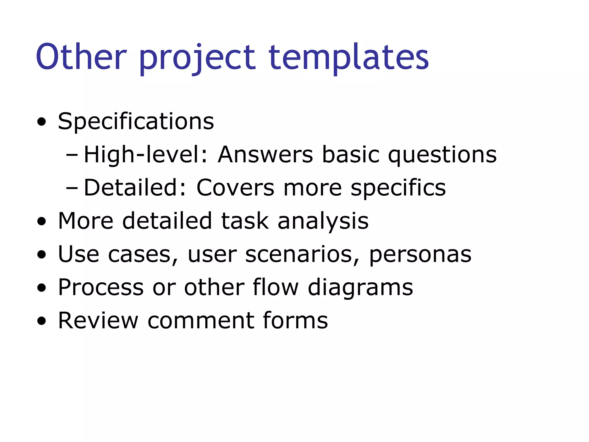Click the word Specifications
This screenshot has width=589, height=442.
(136, 121)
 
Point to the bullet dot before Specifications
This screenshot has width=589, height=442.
(42, 122)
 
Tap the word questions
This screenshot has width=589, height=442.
(442, 155)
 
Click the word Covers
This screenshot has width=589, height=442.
(235, 188)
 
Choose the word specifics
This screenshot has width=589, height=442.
(398, 188)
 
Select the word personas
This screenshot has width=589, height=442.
(420, 255)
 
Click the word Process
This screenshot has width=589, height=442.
(101, 287)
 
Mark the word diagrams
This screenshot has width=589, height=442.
(360, 288)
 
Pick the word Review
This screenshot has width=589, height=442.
(98, 320)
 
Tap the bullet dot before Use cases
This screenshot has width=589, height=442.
(42, 255)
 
